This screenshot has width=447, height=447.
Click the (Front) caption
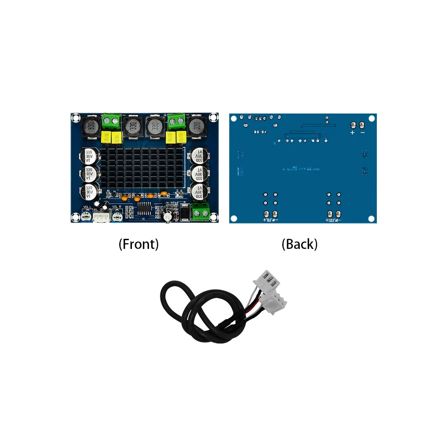tap(138, 244)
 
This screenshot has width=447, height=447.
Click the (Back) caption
tap(299, 244)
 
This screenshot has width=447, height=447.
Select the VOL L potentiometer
tap(86, 215)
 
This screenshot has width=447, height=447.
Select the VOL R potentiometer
tap(117, 215)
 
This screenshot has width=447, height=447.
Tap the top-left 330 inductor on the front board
tap(90, 126)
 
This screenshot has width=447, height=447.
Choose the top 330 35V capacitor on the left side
tap(89, 157)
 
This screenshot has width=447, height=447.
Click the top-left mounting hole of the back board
tap(234, 118)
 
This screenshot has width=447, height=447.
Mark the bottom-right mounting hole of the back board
tap(372, 218)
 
